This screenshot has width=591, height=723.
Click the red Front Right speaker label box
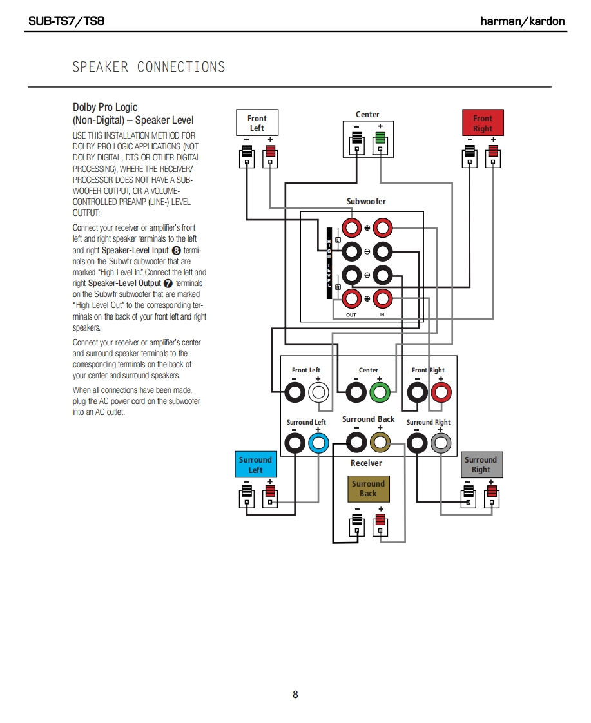pyautogui.click(x=483, y=123)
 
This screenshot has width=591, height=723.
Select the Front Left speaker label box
pyautogui.click(x=257, y=122)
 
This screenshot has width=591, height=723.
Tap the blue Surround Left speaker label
pyautogui.click(x=255, y=465)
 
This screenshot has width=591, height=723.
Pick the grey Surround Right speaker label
pyautogui.click(x=481, y=465)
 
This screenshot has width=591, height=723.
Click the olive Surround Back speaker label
pyautogui.click(x=368, y=488)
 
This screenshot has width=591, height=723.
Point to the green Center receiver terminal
pyautogui.click(x=380, y=392)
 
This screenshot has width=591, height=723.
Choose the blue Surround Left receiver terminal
pyautogui.click(x=318, y=443)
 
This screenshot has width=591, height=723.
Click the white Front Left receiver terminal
pyautogui.click(x=318, y=392)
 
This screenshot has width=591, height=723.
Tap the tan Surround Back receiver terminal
pyautogui.click(x=380, y=443)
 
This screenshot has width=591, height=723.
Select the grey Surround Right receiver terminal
pyautogui.click(x=441, y=443)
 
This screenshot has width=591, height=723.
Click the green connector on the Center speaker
pyautogui.click(x=380, y=138)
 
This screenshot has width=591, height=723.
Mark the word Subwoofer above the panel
pyautogui.click(x=366, y=202)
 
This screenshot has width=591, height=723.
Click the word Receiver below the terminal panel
pyautogui.click(x=366, y=463)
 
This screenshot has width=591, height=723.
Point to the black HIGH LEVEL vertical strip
pyautogui.click(x=329, y=263)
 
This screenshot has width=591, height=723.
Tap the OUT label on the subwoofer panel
pyautogui.click(x=351, y=315)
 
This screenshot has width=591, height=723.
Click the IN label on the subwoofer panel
pyautogui.click(x=382, y=315)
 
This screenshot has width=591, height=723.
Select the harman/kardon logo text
pyautogui.click(x=523, y=21)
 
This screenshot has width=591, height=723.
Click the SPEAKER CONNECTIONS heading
pyautogui.click(x=149, y=67)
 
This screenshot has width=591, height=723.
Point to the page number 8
pyautogui.click(x=295, y=695)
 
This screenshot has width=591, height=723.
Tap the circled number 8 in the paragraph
pyautogui.click(x=177, y=250)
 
